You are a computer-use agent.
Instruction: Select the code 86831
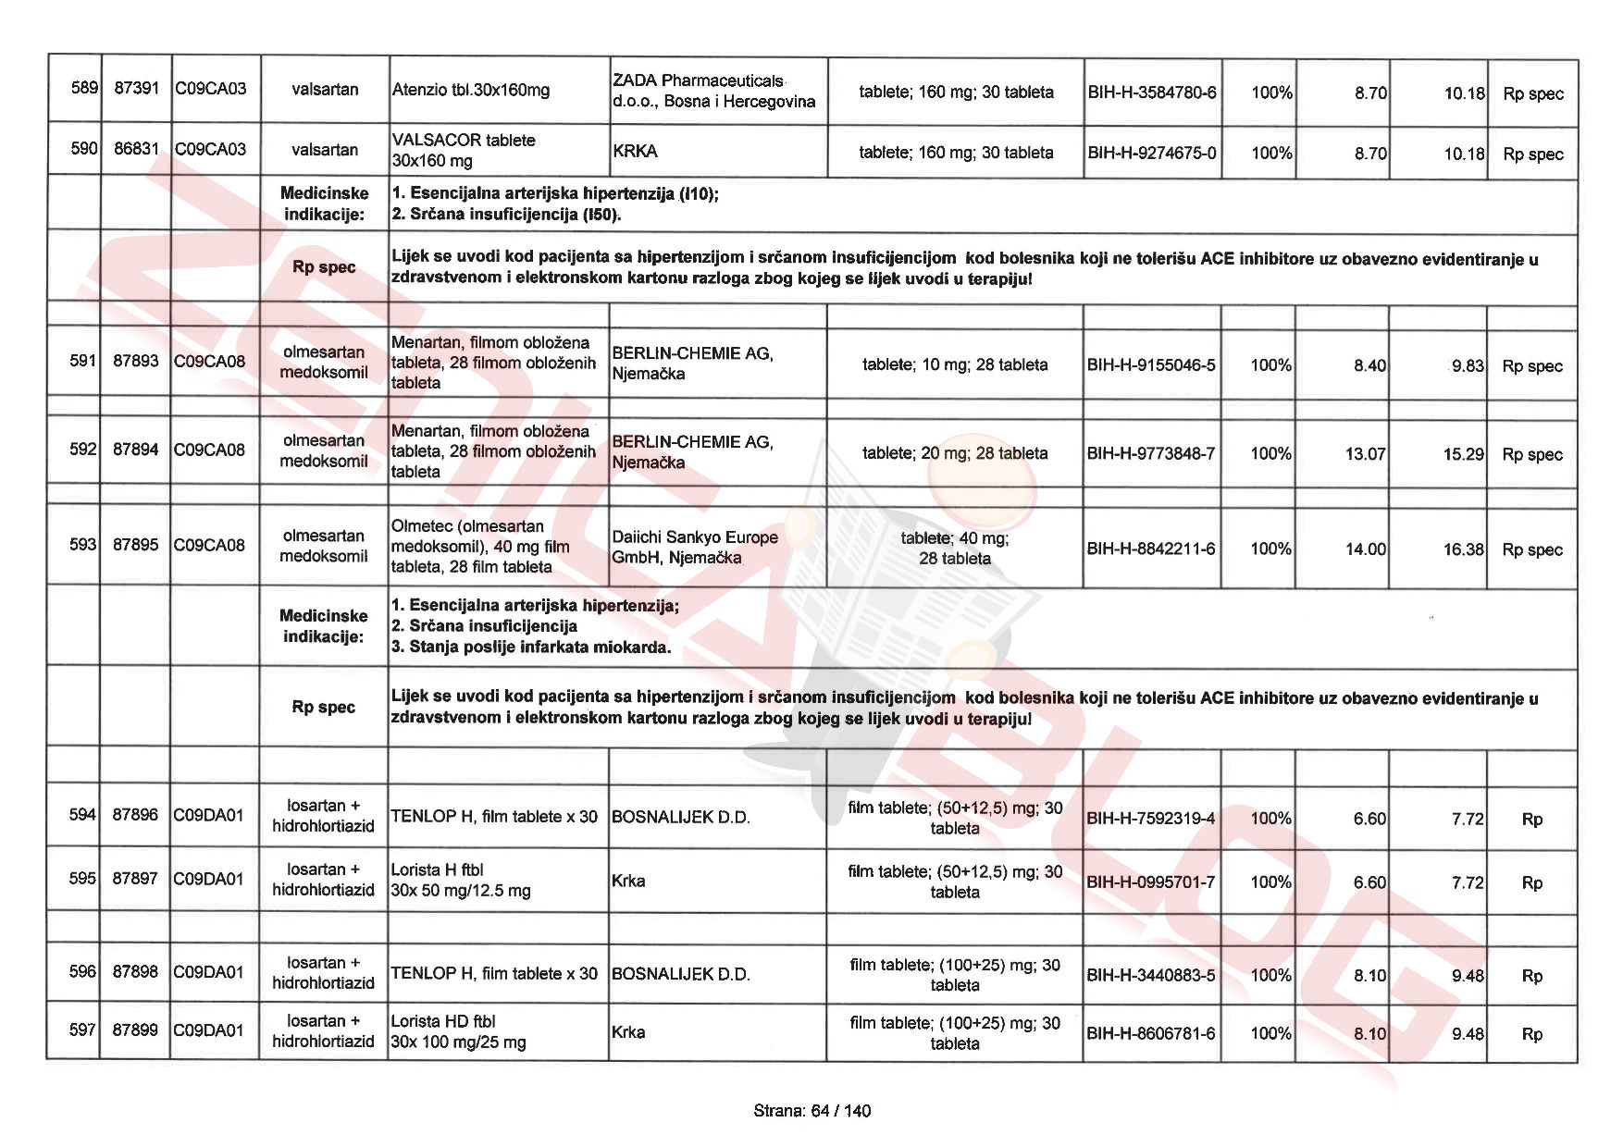[x=136, y=149]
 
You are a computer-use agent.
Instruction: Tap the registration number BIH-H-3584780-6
[x=1152, y=92]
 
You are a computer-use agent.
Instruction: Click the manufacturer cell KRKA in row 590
[x=635, y=151]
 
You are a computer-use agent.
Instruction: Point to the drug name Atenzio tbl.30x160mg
[x=470, y=91]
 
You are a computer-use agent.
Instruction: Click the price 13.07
[x=1365, y=454]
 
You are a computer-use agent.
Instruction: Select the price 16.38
[x=1463, y=549]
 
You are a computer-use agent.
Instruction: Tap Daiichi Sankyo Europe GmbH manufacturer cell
[x=694, y=548]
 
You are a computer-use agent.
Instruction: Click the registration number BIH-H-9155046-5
[x=1151, y=365]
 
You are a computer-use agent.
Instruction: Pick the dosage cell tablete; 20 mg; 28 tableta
[x=955, y=453]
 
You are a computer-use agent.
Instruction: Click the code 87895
[x=136, y=545]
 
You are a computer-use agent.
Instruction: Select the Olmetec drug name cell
[x=480, y=547]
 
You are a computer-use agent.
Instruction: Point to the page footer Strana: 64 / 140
[x=811, y=1111]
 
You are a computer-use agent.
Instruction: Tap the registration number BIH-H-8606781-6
[x=1151, y=1033]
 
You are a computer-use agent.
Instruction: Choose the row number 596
[x=82, y=971]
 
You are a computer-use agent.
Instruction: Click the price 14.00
[x=1365, y=549]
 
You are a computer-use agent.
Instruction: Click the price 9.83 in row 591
[x=1467, y=366]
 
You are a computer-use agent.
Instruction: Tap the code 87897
[x=135, y=878]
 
